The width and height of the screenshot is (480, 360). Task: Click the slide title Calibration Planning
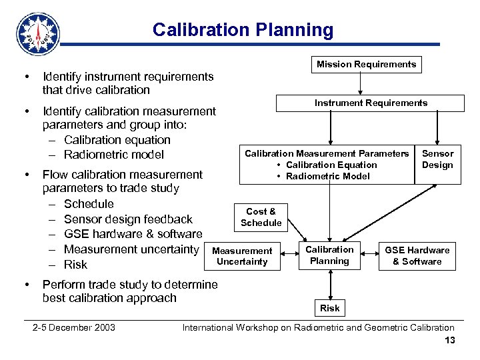coord(243,30)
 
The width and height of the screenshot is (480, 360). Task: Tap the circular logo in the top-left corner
coord(37,33)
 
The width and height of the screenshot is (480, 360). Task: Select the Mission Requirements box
coord(366,65)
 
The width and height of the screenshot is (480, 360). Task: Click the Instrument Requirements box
coord(371,103)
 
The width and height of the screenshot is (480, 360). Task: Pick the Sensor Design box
coord(437,159)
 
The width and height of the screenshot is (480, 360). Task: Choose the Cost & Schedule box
coord(261,217)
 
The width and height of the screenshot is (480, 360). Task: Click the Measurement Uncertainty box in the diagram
coord(242,256)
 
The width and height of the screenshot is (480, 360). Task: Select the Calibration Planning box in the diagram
coord(329,255)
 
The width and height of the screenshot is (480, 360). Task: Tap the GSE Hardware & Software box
coord(417,256)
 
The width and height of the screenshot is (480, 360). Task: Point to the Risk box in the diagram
coord(329,307)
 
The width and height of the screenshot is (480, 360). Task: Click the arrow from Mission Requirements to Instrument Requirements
coord(361,83)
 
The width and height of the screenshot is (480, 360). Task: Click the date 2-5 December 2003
coord(74,327)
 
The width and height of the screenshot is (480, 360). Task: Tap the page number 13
coord(449,341)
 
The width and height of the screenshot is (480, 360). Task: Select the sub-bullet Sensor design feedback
coord(128,219)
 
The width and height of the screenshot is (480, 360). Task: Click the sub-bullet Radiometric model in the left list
coord(113,155)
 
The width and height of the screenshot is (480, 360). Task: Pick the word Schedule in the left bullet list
coord(89,204)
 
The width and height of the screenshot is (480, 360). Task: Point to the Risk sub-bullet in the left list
coord(75,265)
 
